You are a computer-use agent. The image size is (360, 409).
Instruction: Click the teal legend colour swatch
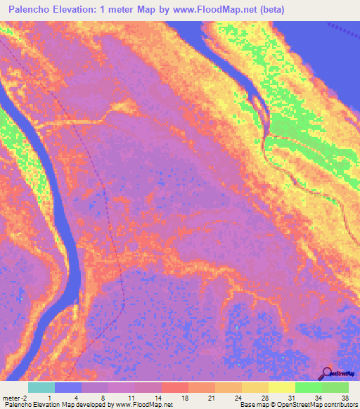[41, 387]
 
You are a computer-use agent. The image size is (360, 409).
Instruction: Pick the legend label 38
[344, 397]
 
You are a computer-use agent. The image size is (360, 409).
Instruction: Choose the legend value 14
[157, 397]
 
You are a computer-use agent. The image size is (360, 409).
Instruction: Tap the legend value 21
[212, 397]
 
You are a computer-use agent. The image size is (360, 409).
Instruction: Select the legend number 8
[104, 397]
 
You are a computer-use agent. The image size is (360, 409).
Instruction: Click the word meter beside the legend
[12, 397]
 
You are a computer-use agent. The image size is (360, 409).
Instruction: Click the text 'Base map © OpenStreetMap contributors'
[297, 405]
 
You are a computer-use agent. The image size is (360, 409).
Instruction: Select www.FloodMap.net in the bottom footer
[139, 405]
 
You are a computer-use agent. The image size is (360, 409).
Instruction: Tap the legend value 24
[239, 397]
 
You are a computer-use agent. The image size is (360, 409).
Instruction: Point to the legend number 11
[131, 397]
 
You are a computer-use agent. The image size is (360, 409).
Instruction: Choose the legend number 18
[185, 397]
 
